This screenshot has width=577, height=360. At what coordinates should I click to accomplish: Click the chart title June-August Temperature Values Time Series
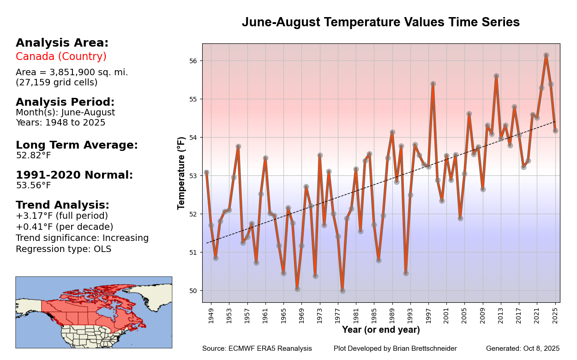(381, 22)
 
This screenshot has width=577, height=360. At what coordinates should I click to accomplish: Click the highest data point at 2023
(546, 55)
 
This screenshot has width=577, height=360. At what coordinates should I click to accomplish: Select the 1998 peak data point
(433, 84)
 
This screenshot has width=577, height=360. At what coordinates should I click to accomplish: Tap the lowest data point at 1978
(343, 291)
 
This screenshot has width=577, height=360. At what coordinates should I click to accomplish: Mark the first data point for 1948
(206, 173)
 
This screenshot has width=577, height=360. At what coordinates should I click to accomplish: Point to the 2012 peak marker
(496, 76)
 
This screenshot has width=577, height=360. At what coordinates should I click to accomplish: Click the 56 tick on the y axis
(193, 61)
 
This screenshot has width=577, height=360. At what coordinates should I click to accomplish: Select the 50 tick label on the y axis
(193, 291)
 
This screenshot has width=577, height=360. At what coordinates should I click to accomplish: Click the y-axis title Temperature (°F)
(181, 173)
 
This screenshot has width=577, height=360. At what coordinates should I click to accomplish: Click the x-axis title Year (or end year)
(381, 330)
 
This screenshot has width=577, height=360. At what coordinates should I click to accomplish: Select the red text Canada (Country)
(61, 57)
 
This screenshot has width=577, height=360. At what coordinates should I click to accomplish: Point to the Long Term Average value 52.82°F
(33, 156)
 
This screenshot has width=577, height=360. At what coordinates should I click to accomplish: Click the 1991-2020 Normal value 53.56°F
(33, 186)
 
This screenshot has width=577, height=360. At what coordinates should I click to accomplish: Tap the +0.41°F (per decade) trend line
(64, 227)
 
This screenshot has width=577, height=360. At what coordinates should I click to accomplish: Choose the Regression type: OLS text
(63, 249)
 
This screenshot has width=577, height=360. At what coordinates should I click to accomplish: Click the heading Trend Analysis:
(62, 205)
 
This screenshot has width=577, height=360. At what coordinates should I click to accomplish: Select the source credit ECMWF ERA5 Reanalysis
(257, 348)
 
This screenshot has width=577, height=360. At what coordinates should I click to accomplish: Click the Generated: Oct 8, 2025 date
(523, 348)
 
